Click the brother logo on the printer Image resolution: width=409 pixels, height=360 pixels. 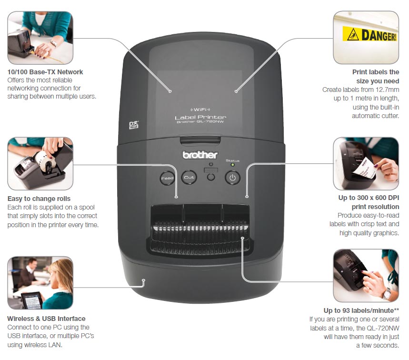click(x=200, y=155)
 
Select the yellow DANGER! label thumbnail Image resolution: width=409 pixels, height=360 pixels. click(x=366, y=37)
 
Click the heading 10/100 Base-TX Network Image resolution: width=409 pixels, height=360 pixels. click(x=45, y=72)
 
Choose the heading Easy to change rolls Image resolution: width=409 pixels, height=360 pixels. click(x=39, y=199)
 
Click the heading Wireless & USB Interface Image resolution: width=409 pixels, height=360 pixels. click(x=46, y=319)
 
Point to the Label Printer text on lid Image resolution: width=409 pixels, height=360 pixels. click(x=200, y=117)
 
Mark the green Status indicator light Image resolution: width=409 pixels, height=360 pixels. click(x=232, y=166)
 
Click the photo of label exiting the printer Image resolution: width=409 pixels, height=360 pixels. click(x=366, y=164)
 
